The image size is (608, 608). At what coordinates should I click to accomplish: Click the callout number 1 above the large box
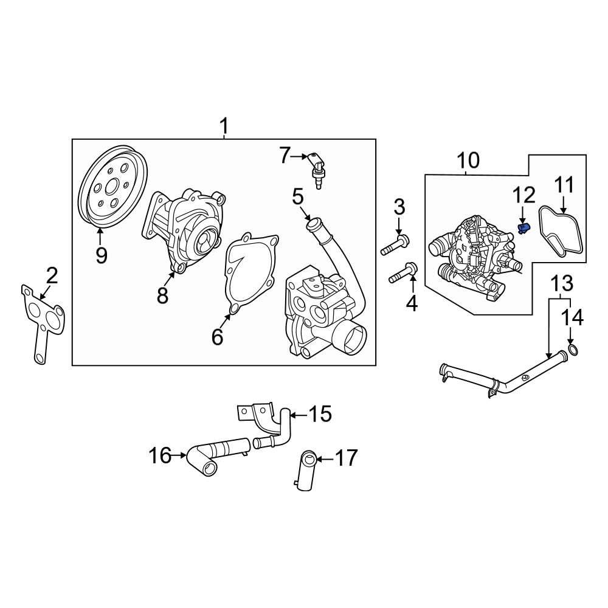[224, 126]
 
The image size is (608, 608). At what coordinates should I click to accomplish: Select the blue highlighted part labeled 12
[523, 228]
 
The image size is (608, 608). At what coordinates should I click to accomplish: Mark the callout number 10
[468, 161]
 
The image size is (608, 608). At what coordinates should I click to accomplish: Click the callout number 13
[562, 283]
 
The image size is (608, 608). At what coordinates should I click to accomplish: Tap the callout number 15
[320, 415]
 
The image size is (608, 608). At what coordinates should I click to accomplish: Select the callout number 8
[162, 295]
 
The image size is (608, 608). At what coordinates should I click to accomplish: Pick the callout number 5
[297, 197]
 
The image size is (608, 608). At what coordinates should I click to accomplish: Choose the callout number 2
[51, 277]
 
